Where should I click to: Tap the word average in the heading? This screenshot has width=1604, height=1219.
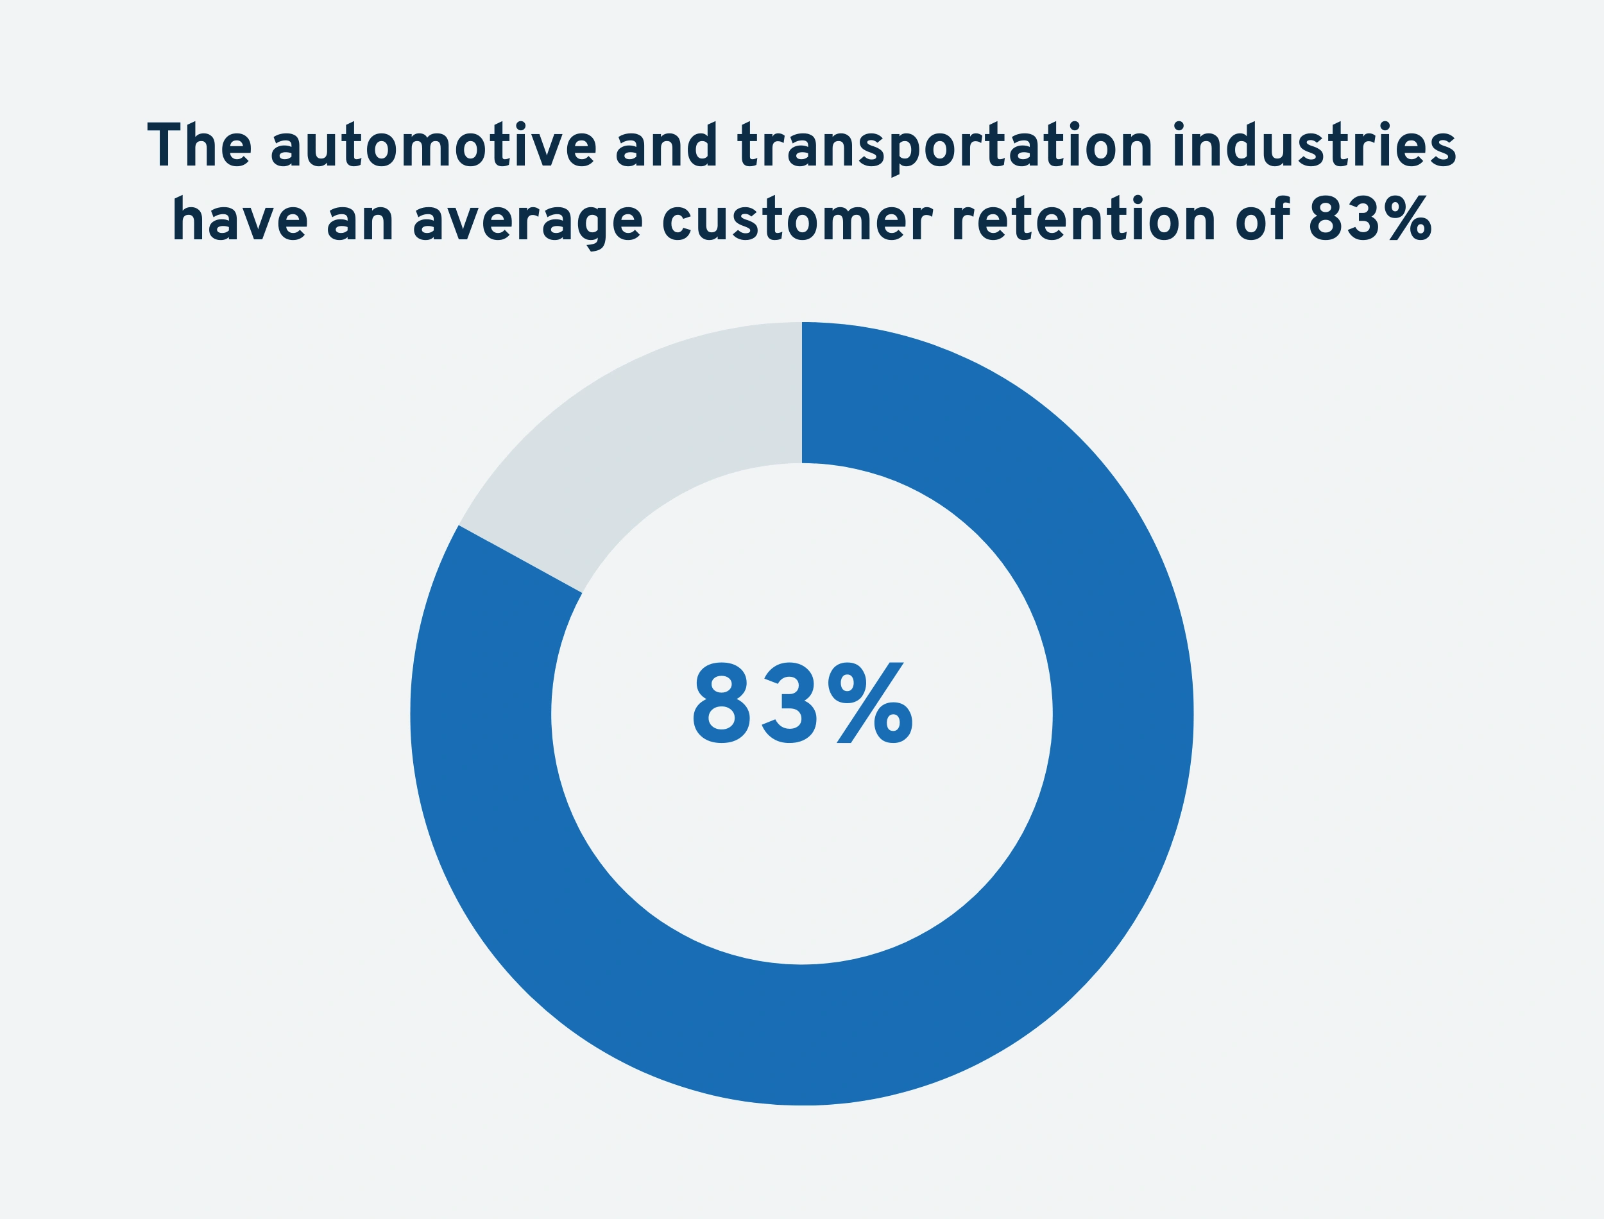[527, 221]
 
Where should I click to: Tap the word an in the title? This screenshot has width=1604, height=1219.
[360, 221]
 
